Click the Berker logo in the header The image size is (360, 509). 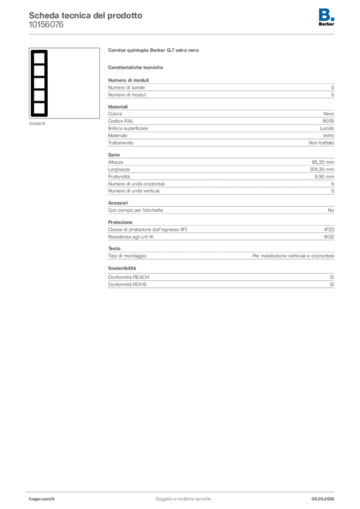click(x=326, y=17)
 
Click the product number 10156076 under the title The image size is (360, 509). click(x=46, y=25)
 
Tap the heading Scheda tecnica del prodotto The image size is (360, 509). click(x=86, y=15)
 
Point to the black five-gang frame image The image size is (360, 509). click(x=39, y=83)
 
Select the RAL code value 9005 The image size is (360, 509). click(x=328, y=121)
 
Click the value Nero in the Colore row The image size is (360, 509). click(x=329, y=114)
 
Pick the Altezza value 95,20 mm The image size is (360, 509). click(x=323, y=163)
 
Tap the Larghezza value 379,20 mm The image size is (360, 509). click(x=322, y=170)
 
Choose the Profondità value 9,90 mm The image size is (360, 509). click(x=324, y=176)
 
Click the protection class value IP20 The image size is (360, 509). click(x=329, y=230)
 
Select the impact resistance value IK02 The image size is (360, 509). click(x=329, y=237)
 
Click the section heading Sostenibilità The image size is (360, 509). click(x=122, y=268)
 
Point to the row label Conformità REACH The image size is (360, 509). click(x=129, y=277)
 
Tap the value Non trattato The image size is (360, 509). click(x=321, y=143)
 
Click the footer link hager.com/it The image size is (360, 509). click(x=42, y=499)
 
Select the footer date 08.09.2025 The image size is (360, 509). click(x=323, y=499)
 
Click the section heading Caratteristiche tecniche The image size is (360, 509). click(x=135, y=68)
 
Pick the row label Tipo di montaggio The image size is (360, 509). click(x=127, y=256)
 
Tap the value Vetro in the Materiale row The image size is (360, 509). click(x=328, y=136)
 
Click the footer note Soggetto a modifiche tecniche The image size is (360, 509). click(x=183, y=499)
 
